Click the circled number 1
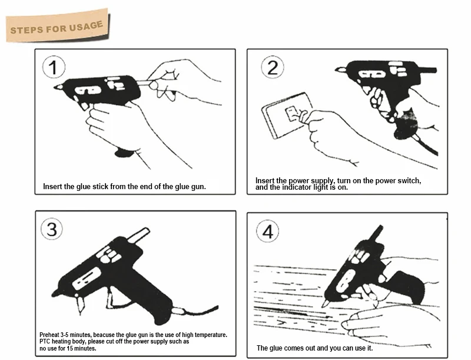pos(54,67)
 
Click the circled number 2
pos(273,67)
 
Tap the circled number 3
pos(52,229)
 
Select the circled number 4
pos(267,232)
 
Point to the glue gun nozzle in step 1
pos(58,87)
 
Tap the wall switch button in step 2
pos(291,114)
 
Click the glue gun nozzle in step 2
pos(341,70)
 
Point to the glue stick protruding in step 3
pos(138,235)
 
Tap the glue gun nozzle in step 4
pos(326,302)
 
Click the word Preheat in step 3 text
pos(49,335)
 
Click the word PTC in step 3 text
pos(45,342)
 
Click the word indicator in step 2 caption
pos(296,187)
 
